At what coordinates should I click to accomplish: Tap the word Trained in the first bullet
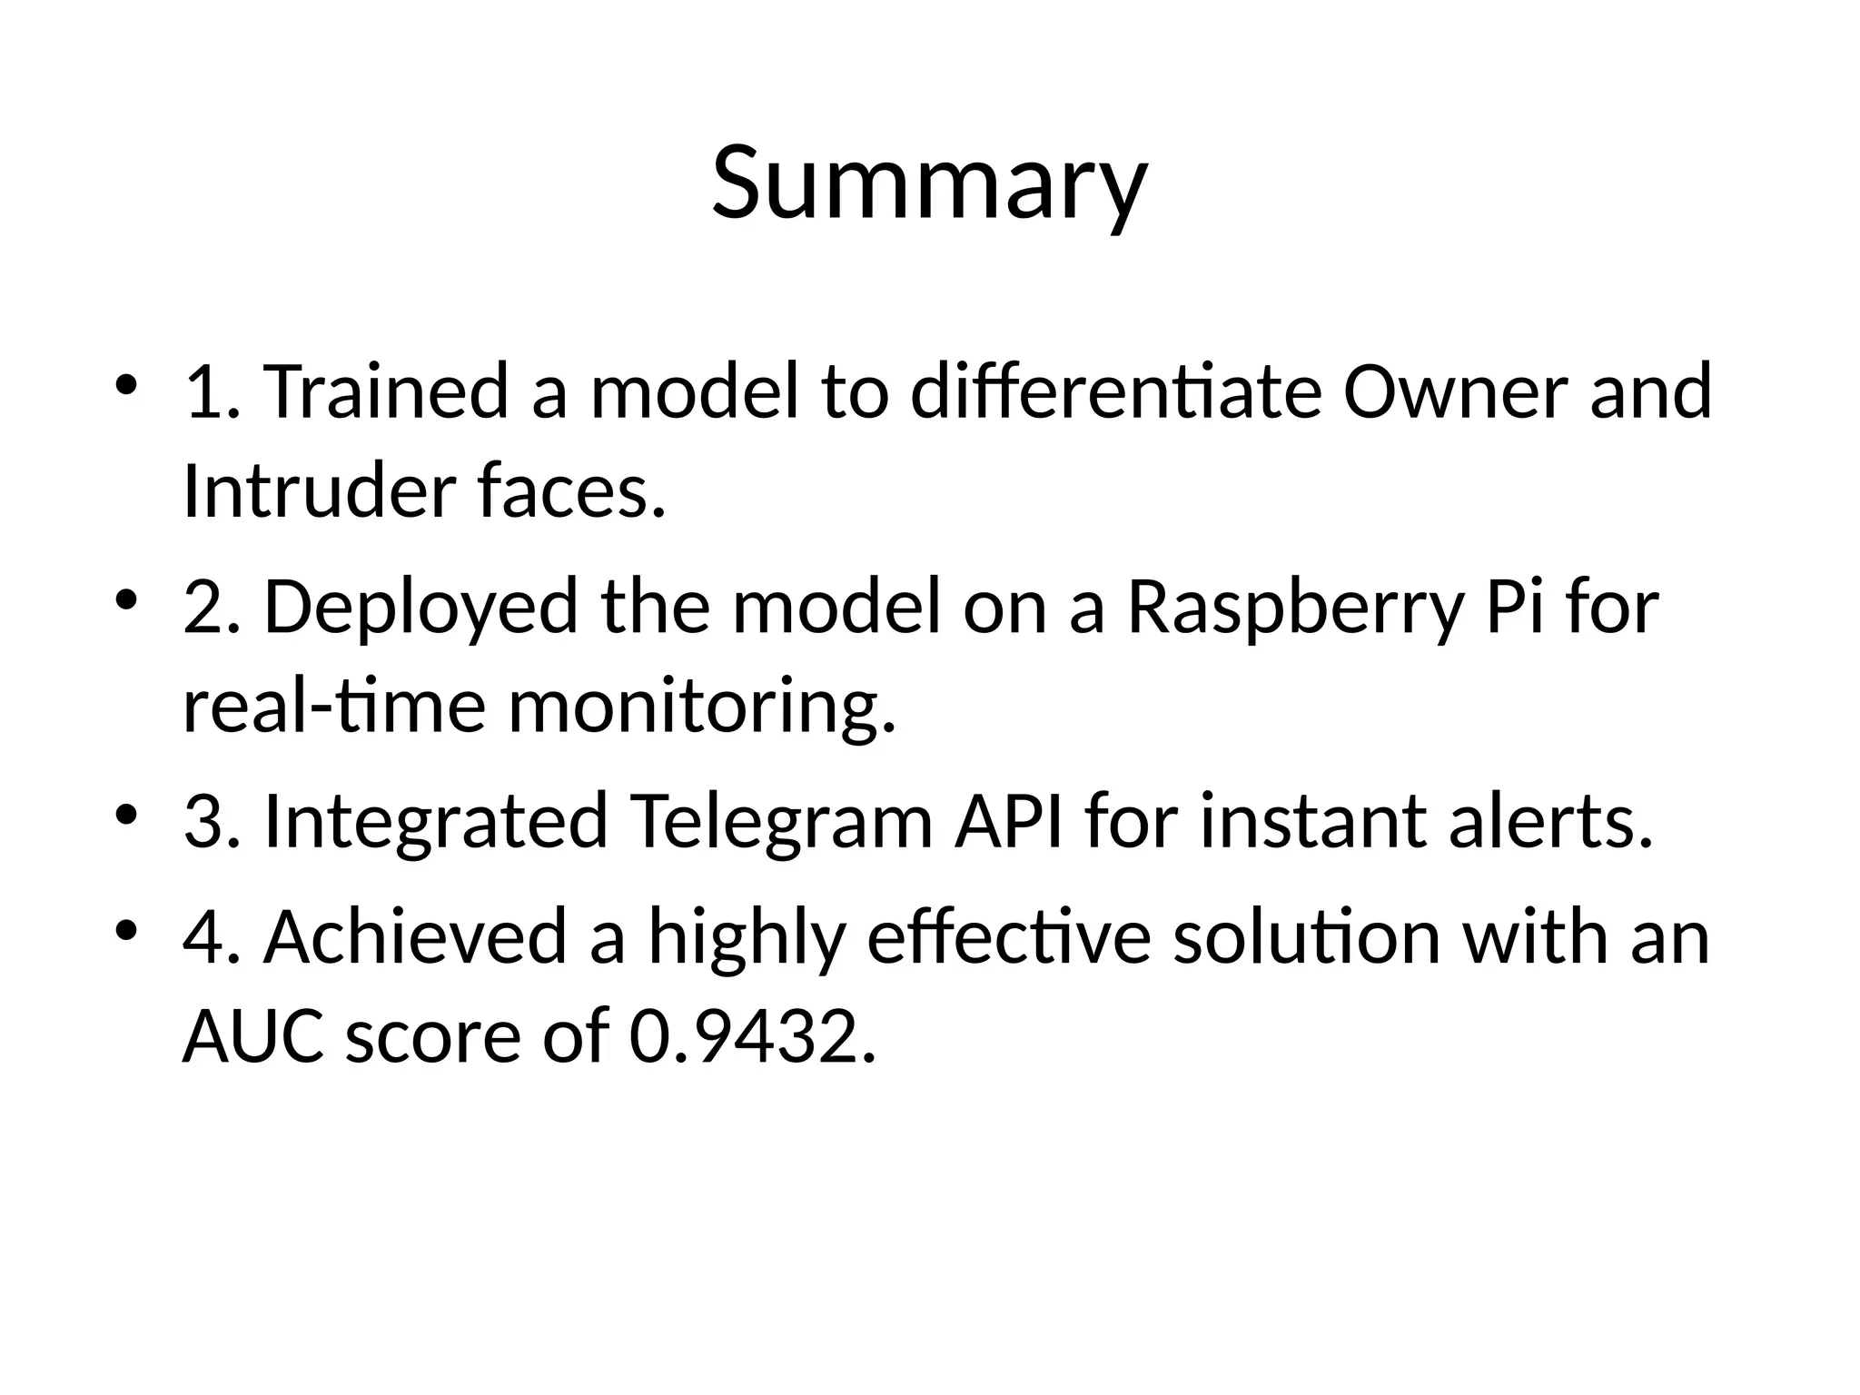[385, 392]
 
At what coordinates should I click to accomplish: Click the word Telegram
[782, 822]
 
